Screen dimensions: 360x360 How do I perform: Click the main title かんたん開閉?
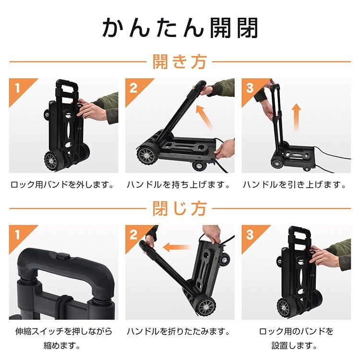pos(180,28)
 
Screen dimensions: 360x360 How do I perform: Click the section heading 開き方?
pos(180,62)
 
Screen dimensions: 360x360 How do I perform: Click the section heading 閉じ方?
pos(180,209)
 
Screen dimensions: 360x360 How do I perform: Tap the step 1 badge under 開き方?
pos(18,87)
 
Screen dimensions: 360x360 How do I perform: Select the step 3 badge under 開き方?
pos(250,87)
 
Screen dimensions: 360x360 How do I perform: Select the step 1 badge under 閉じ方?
pos(18,234)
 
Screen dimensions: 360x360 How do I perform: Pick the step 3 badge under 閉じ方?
pos(250,234)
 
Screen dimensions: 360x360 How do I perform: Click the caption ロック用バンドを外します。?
pos(63,185)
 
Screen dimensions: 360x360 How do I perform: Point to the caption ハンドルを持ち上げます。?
pos(180,185)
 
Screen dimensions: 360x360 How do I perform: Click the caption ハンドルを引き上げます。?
pos(295,185)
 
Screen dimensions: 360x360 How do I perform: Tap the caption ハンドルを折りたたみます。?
pos(180,332)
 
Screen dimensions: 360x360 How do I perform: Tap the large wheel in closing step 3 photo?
pos(287,307)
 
